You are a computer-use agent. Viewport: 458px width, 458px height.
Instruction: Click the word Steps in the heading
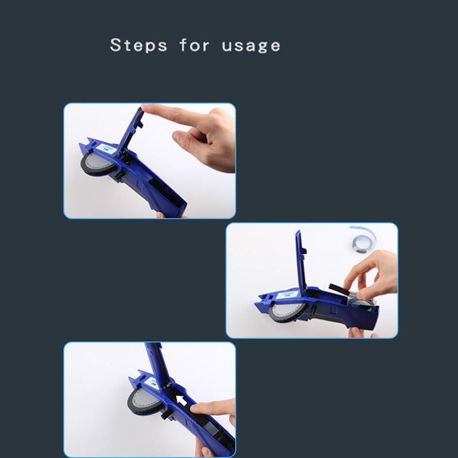tap(139, 45)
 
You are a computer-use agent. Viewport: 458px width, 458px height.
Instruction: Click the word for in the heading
tap(194, 45)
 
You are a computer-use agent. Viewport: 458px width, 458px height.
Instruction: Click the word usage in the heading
tap(251, 46)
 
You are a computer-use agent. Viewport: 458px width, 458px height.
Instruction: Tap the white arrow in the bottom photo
tap(181, 401)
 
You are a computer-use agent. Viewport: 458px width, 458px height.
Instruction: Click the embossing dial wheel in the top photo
tap(98, 164)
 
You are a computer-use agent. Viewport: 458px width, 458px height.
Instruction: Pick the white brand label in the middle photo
tap(287, 294)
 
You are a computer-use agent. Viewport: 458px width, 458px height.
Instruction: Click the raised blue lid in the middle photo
tap(301, 260)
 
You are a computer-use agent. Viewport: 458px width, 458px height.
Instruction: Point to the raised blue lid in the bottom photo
tap(159, 365)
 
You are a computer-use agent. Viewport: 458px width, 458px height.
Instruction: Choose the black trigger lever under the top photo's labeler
tap(120, 176)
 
